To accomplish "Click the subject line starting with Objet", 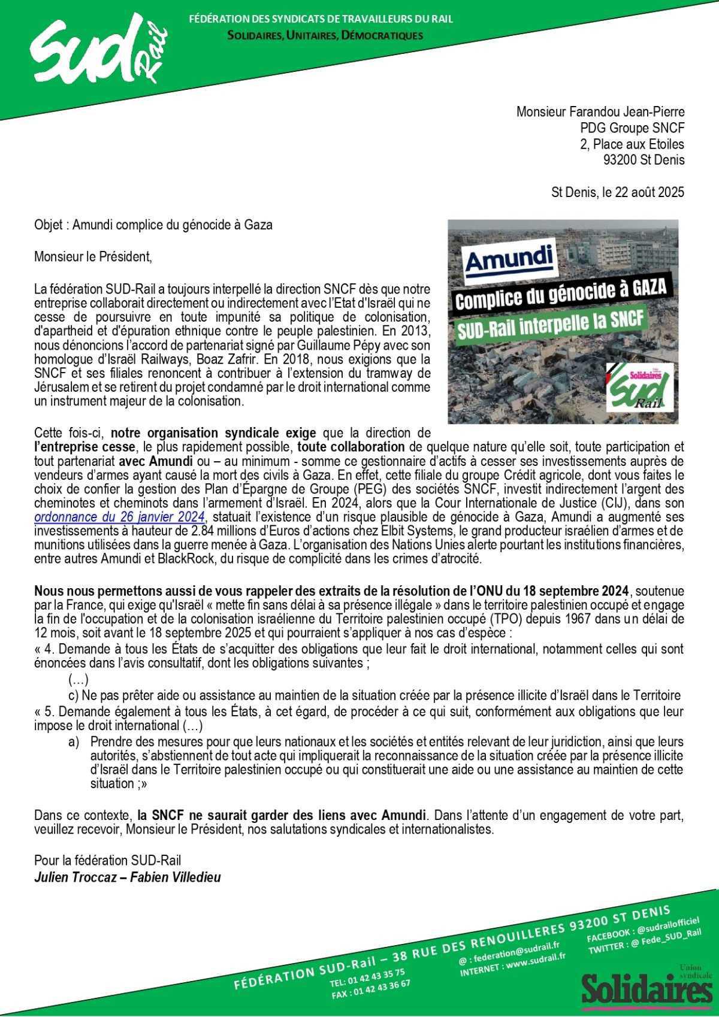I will tap(153, 225).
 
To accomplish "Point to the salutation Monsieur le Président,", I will tap(93, 257).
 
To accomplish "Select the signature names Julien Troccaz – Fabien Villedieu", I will tap(128, 877).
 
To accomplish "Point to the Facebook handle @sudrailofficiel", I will tap(668, 925).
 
